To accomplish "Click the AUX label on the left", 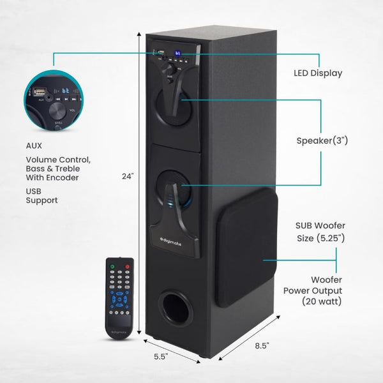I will (34, 146).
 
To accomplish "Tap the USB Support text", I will (41, 195).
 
